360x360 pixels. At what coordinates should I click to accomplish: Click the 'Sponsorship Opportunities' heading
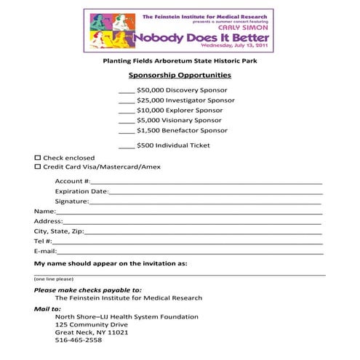click(180, 75)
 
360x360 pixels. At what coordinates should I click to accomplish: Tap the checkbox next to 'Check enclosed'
click(38, 157)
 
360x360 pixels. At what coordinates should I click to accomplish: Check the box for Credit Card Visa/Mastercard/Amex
click(38, 167)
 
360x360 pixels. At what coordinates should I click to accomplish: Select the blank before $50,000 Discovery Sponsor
click(126, 89)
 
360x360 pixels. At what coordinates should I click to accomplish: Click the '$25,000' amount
click(150, 100)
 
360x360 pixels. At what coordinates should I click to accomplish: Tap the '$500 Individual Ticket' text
click(173, 145)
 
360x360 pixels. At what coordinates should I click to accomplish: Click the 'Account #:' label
click(73, 180)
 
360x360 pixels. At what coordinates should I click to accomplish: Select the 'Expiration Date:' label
click(81, 191)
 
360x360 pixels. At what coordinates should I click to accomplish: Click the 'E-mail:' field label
click(46, 251)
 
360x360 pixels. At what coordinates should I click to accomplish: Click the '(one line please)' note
click(54, 279)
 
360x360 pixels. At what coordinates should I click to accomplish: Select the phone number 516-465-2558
click(79, 340)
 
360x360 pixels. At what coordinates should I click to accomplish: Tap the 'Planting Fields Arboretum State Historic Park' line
click(180, 60)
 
